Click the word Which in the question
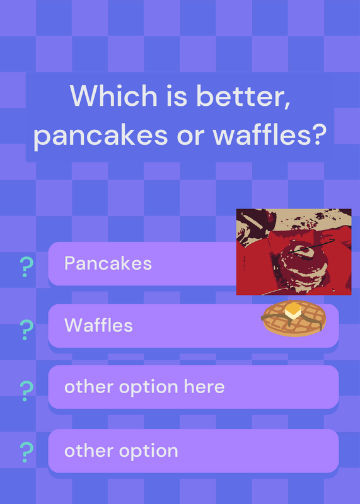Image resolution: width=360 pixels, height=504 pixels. [x=113, y=96]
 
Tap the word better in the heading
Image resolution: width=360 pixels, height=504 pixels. [x=243, y=96]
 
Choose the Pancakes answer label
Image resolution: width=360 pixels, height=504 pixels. [x=108, y=263]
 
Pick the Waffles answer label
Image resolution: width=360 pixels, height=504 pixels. [x=98, y=325]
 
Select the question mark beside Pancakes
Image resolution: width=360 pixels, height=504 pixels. [x=26, y=267]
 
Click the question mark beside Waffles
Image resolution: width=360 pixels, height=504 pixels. [x=26, y=330]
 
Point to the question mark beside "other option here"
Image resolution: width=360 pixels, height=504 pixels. [x=26, y=391]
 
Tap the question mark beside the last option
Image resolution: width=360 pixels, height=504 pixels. [x=26, y=452]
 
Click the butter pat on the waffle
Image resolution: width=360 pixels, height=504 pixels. [x=293, y=311]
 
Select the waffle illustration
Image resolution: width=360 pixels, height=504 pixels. [x=293, y=318]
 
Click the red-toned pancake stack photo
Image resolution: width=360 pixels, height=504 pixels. [x=294, y=251]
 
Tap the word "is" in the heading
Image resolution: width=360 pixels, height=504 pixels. [x=177, y=96]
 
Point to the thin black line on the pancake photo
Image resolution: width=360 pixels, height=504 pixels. [x=311, y=246]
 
